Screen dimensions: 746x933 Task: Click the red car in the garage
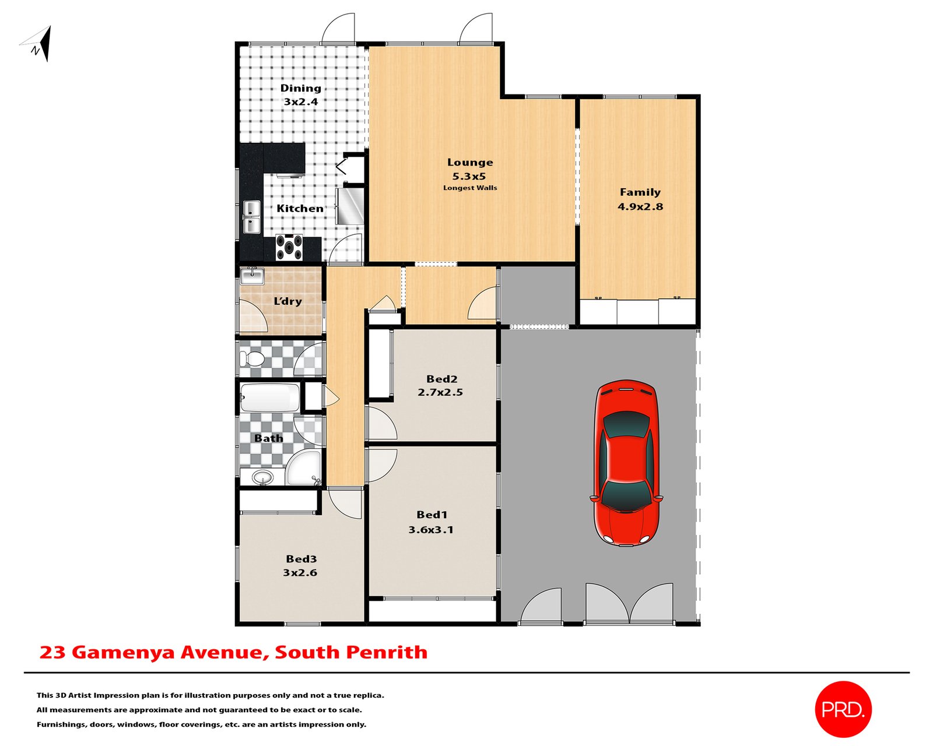[626, 463]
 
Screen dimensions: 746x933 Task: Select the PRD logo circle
[843, 709]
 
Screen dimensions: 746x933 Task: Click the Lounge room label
[470, 163]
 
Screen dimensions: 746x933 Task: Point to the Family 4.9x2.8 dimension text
[640, 206]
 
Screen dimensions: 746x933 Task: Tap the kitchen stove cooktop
[289, 247]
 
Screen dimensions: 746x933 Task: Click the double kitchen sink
[251, 217]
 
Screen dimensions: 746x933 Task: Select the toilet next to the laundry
[252, 358]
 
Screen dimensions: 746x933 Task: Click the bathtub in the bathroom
[270, 397]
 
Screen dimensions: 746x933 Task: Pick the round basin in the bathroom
[262, 477]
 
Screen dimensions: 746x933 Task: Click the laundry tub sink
[252, 276]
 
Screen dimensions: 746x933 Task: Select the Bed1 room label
[432, 515]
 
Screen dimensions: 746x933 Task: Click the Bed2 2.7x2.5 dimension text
[440, 392]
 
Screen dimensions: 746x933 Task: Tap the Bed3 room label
[301, 559]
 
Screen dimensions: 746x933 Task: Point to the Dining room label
[300, 88]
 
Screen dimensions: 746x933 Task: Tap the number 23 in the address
[52, 652]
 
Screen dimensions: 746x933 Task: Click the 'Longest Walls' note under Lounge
[470, 188]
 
